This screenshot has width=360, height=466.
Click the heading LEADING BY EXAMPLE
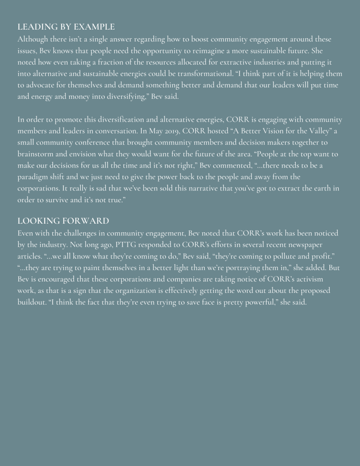66,27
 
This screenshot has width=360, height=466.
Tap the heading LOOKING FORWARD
63,221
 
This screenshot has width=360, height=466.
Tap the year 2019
173,131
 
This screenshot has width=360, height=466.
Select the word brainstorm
36,154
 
